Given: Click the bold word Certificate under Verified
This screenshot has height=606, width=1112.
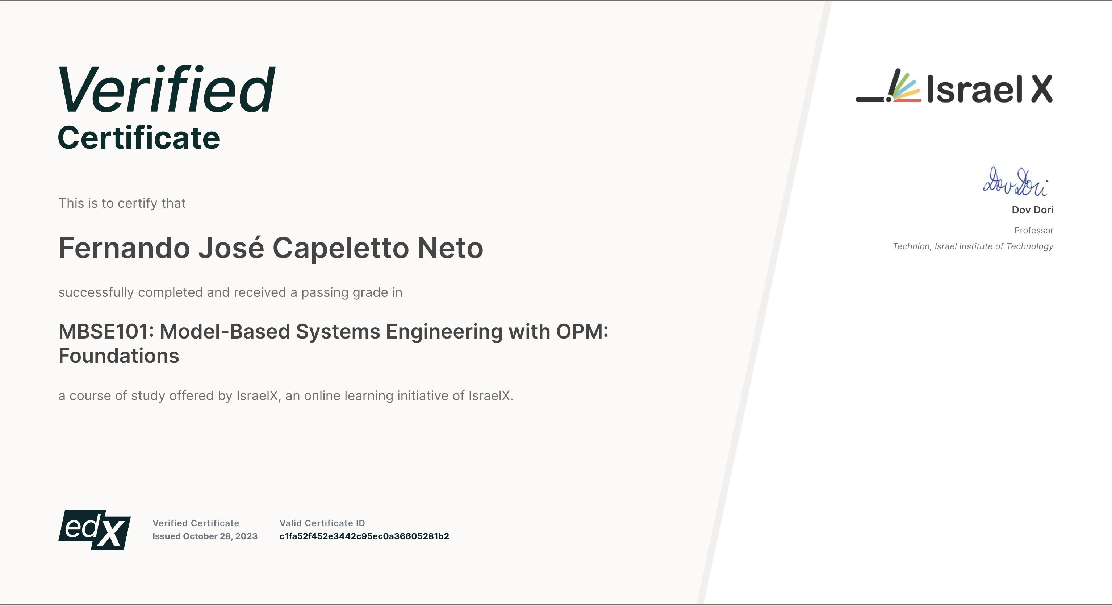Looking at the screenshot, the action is click(x=139, y=138).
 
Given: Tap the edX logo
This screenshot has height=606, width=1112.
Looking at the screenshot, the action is click(x=94, y=530).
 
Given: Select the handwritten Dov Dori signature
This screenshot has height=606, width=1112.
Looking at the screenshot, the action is click(x=1015, y=182).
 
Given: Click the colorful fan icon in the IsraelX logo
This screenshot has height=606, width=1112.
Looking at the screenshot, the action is click(x=905, y=87).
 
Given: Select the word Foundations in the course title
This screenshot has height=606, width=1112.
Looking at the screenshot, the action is click(x=119, y=356).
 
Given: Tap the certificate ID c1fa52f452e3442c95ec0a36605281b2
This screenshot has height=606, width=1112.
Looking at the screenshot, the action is click(x=364, y=536).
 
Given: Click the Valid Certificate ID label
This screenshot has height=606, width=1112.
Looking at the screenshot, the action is click(x=322, y=523).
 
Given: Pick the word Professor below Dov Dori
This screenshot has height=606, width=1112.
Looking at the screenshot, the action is click(x=1034, y=230).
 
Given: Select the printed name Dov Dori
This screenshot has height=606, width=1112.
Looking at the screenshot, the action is click(x=1033, y=210).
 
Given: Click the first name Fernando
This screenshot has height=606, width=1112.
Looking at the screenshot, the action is click(x=124, y=248).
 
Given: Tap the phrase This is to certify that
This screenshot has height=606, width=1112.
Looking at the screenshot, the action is click(x=122, y=203).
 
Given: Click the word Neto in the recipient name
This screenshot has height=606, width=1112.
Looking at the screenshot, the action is click(x=450, y=248).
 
